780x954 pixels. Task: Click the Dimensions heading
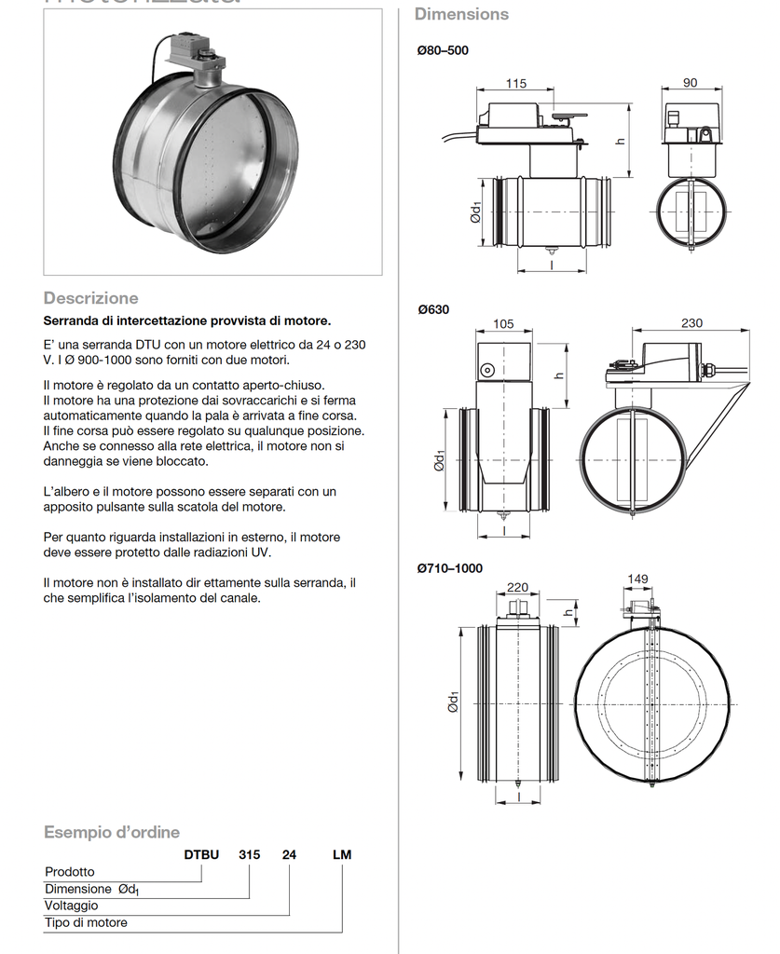tap(461, 14)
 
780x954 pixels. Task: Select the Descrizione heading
tap(90, 298)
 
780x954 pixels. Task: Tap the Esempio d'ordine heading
tap(112, 832)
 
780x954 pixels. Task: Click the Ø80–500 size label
tap(443, 50)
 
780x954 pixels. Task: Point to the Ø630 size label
tap(433, 308)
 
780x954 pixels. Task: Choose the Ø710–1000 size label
tap(450, 567)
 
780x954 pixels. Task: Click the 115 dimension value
tap(515, 83)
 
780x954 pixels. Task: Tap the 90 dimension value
tap(690, 83)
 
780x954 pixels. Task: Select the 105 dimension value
tap(503, 323)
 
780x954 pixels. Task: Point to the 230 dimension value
tap(691, 323)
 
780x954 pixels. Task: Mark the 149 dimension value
tap(637, 579)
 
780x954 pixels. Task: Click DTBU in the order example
tap(200, 854)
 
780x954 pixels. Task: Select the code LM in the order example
tap(342, 854)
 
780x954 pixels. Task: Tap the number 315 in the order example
tap(249, 854)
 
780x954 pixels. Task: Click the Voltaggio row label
tap(71, 905)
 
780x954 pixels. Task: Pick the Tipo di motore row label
tap(86, 922)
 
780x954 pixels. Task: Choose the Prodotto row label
tap(70, 871)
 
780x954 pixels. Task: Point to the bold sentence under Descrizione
tap(187, 320)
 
